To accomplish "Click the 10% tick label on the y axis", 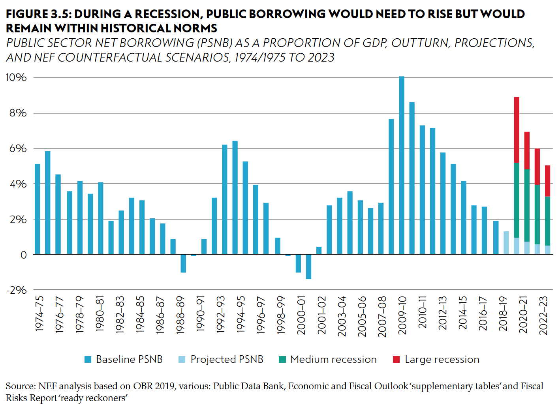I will point(16,77).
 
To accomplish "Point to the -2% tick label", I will point(16,290).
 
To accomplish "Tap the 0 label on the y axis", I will point(23,255).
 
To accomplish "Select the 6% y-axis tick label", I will point(18,148).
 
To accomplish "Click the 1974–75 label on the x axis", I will point(39,313).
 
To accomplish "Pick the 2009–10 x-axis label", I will point(402,315).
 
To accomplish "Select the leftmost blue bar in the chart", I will point(38,209).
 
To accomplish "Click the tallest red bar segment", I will point(517,130).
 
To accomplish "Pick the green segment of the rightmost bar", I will point(547,221).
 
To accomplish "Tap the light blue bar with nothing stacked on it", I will point(506,242).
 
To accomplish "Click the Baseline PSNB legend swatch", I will point(88,359).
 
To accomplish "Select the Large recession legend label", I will point(442,359).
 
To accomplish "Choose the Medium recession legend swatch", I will point(282,359).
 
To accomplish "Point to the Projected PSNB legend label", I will point(227,359).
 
